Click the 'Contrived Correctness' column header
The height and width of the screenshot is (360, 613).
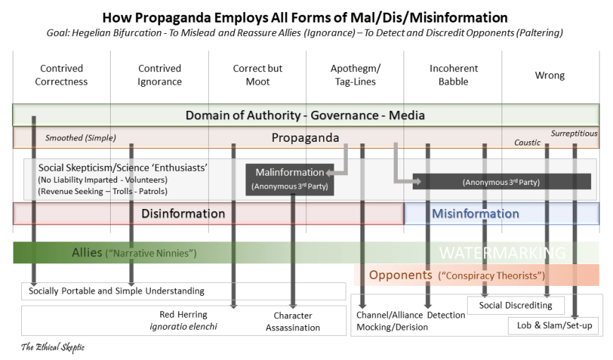tap(61, 75)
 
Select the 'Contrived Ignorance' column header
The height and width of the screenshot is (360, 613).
tap(159, 75)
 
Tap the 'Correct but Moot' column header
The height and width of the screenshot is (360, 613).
tap(257, 75)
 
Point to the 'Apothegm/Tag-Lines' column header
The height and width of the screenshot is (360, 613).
tap(355, 75)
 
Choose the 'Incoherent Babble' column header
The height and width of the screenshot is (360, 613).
tap(454, 75)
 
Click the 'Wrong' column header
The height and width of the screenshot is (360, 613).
tap(550, 76)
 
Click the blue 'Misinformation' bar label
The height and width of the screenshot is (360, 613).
tap(475, 213)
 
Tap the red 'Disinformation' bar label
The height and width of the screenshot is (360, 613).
tap(183, 213)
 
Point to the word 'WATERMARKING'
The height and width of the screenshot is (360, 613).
tap(502, 253)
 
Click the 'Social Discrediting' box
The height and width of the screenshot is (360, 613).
tap(516, 305)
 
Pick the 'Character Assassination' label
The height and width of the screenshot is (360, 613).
tap(293, 321)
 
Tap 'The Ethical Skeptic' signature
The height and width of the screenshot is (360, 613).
tap(53, 347)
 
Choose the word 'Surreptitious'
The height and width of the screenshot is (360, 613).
tap(573, 133)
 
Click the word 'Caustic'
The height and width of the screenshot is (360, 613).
tap(527, 143)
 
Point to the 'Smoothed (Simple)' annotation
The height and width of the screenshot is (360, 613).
tap(80, 138)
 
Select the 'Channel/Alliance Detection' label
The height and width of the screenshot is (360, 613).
tap(411, 315)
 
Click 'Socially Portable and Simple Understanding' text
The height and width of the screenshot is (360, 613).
tap(116, 291)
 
